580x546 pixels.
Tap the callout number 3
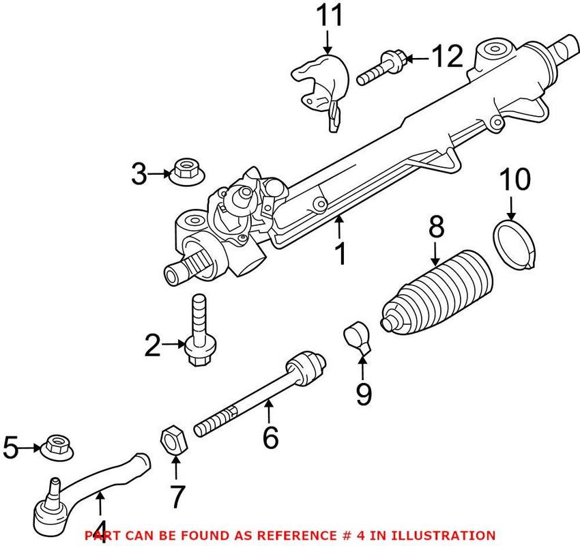(139, 175)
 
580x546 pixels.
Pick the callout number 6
(270, 437)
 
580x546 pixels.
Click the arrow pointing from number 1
(339, 224)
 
